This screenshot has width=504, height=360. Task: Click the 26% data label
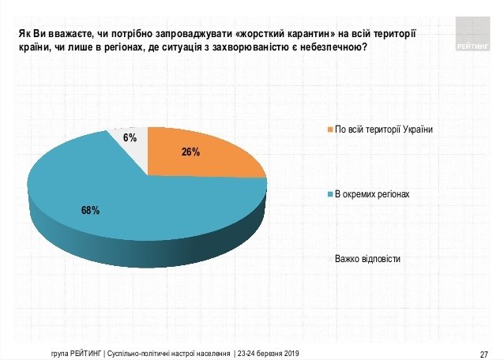[x=190, y=152]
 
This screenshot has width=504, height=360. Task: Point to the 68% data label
[x=90, y=210]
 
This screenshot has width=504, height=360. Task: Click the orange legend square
[x=330, y=129]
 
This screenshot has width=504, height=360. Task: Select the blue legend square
[x=330, y=194]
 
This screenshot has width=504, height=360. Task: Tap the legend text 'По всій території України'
[x=385, y=129]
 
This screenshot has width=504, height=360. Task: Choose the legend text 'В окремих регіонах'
[x=372, y=194]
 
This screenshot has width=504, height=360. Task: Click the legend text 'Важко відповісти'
[x=367, y=259]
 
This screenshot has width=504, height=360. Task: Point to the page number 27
[x=485, y=352]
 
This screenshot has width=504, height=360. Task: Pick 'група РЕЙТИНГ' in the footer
[x=75, y=352]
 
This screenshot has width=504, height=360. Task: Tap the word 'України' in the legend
[x=418, y=129]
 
